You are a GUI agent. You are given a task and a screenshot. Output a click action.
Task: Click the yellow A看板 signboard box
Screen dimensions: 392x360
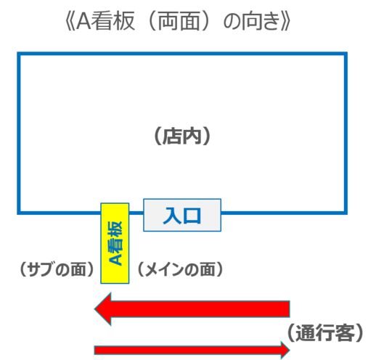115,243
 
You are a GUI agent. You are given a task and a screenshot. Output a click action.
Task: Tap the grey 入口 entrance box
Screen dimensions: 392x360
182,215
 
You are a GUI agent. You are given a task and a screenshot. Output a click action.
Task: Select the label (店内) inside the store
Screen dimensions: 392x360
182,136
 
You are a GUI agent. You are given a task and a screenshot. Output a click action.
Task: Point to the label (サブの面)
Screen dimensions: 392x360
57,269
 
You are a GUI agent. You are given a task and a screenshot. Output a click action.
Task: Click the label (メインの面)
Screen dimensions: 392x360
180,269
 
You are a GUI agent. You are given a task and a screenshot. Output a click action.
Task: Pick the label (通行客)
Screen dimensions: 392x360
325,333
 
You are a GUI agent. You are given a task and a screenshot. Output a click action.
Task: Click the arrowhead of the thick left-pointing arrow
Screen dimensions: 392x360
102,309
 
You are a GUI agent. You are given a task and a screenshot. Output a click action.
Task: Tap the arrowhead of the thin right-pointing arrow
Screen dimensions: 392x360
285,350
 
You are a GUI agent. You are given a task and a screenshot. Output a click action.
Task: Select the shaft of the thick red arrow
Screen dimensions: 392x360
200,309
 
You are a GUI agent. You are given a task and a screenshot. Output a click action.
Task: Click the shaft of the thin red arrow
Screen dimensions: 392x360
187,351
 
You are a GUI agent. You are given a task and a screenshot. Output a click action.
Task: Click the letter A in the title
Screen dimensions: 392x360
83,21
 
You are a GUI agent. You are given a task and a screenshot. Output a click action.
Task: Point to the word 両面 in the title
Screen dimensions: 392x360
179,21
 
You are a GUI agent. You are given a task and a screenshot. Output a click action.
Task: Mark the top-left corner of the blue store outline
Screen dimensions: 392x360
19,54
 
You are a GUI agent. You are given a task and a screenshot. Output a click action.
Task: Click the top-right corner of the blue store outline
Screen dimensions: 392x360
346,54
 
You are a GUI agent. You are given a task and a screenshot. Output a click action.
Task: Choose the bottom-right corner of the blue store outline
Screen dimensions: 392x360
346,213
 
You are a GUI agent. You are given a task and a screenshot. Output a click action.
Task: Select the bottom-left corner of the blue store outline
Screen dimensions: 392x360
19,213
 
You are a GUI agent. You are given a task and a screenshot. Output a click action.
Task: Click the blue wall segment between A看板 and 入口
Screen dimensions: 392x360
136,213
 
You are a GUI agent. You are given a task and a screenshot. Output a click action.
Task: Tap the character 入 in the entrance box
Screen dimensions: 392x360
171,216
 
